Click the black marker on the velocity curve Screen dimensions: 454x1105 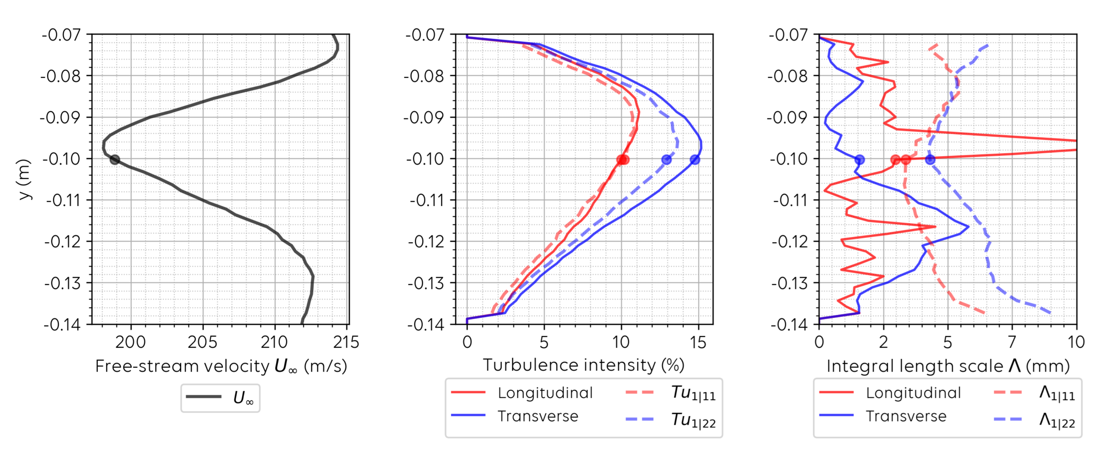(115, 160)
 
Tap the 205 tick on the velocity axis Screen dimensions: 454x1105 (202, 342)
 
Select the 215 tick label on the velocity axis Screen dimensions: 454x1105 (346, 342)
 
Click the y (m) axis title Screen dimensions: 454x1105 (25, 180)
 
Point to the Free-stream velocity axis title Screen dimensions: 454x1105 (221, 367)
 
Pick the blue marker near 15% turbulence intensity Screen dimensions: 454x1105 (695, 160)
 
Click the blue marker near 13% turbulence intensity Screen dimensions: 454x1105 (666, 160)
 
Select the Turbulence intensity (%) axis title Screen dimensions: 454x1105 (583, 365)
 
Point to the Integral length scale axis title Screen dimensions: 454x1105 (948, 367)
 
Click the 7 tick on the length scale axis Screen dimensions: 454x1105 (1012, 342)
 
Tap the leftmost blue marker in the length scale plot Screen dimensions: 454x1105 (859, 160)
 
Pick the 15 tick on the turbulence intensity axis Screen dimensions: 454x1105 (698, 342)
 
